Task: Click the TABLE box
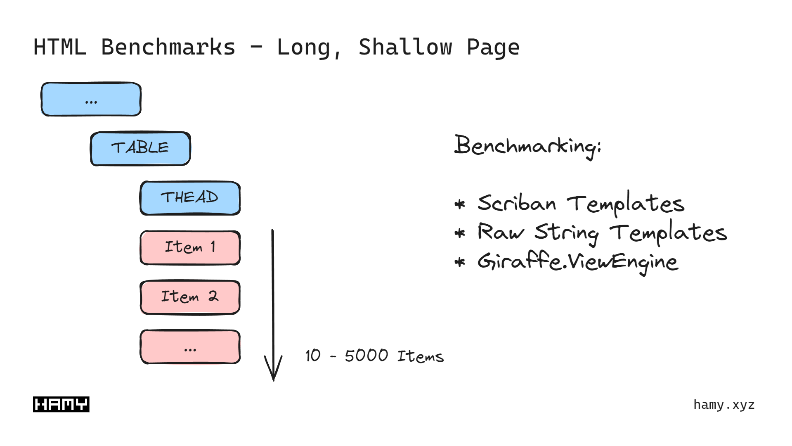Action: tap(140, 149)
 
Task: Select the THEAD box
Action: tap(190, 198)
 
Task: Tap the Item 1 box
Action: tap(190, 248)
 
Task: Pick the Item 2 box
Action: tap(190, 297)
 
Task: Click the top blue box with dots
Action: tap(91, 100)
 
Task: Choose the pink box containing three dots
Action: tap(190, 347)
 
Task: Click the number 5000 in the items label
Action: tap(366, 356)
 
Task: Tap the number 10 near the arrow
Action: tap(313, 356)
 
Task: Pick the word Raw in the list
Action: tap(500, 232)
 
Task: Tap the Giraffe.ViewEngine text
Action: tap(577, 262)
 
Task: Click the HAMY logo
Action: tap(61, 404)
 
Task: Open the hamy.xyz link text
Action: tap(724, 405)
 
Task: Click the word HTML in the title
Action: tap(60, 47)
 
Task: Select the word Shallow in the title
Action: tap(405, 47)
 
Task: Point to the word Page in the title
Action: tap(493, 47)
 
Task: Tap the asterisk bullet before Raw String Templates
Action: tap(460, 233)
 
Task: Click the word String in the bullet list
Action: tap(566, 233)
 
